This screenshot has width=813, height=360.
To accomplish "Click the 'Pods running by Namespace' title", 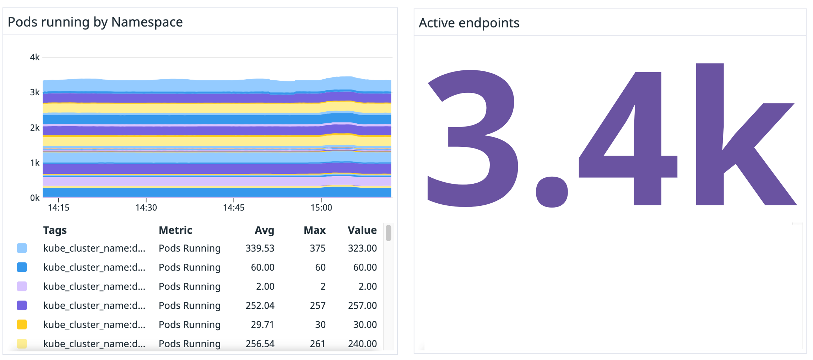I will pos(95,22).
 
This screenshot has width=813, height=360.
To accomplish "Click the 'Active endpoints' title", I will pos(468,23).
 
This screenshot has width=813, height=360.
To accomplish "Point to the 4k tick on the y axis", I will pos(35,57).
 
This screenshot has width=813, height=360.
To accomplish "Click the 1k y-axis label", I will pos(35,163).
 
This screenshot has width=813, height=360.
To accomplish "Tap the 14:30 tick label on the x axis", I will pos(146,208).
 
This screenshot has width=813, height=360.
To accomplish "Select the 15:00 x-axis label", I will pos(321,208).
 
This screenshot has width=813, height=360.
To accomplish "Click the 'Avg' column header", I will pos(264,230).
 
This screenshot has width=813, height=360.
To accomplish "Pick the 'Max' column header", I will pos(314,230).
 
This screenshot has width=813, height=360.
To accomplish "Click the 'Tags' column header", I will pos(55,230).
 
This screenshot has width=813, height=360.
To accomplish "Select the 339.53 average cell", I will pos(260,248).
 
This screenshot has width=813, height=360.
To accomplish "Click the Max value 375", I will pos(318,248).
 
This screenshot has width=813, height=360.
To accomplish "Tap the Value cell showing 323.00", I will pos(362,248).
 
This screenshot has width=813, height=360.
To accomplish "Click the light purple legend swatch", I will pos(22,286).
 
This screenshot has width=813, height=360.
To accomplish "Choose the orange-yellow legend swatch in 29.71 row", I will pos(22,324).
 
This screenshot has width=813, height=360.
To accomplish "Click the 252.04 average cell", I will pos(260,306).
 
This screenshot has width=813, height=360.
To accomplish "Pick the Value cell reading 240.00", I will pos(362,344).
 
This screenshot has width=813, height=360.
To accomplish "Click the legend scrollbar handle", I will pos(388,233).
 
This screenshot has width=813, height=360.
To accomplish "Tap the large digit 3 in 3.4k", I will pos(472,139).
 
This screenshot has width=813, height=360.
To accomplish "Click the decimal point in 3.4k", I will pos(551,192).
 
